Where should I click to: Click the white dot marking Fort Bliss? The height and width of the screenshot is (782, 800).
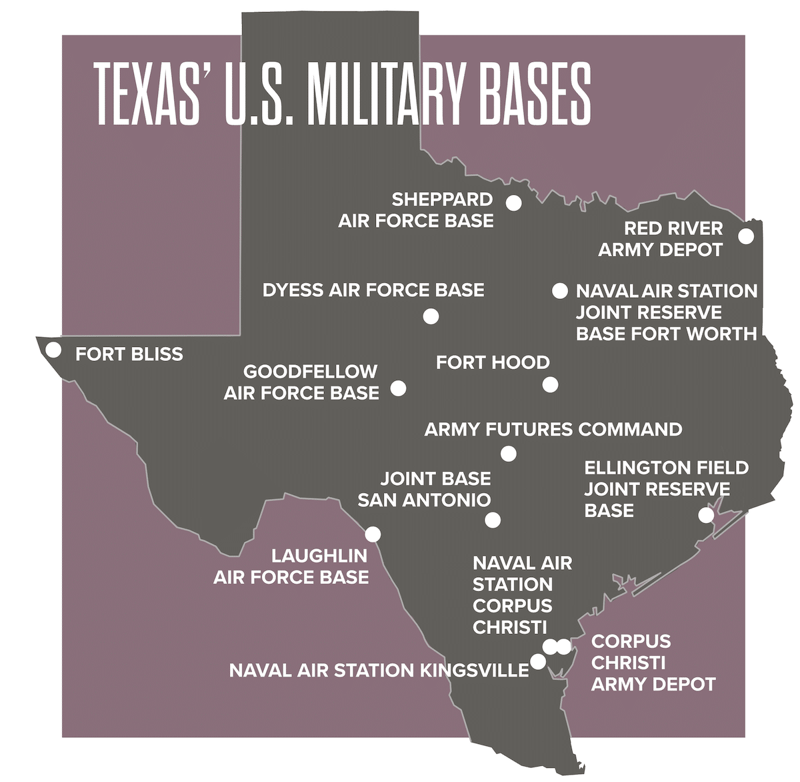(53, 349)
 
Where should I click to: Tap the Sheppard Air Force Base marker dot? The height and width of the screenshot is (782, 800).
(513, 203)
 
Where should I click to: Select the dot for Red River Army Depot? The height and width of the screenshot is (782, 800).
(746, 236)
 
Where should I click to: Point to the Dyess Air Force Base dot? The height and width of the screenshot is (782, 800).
(431, 316)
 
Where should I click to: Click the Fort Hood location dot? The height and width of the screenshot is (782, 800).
(550, 384)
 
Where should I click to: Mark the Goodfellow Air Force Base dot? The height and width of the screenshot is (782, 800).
(398, 388)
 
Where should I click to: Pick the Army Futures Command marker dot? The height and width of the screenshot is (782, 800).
(508, 454)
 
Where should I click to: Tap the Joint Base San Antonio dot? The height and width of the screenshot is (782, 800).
(493, 520)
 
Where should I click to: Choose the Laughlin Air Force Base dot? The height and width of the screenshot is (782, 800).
(373, 534)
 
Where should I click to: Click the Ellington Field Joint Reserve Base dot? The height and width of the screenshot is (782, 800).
(706, 515)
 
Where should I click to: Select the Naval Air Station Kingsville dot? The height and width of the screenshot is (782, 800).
(537, 662)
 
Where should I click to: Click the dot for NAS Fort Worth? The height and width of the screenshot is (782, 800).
(559, 290)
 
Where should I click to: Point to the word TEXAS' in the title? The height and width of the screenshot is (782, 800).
(150, 94)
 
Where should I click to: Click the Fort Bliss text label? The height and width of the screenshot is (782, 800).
(129, 354)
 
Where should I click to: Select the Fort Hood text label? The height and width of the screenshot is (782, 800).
(493, 362)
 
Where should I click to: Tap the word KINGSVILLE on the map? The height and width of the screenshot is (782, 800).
(475, 670)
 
